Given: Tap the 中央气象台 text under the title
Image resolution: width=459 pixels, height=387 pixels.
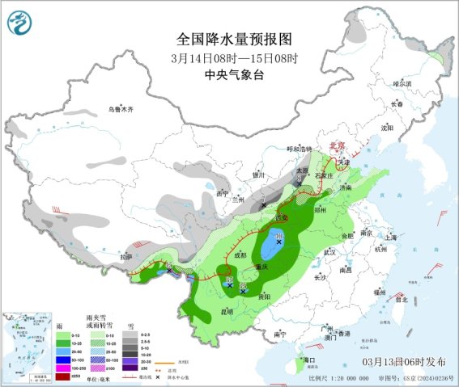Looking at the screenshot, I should click(x=234, y=74).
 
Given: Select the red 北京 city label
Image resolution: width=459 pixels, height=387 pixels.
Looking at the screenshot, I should click(x=337, y=145).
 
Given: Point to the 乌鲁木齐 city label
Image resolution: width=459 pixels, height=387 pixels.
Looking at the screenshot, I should click(x=121, y=109).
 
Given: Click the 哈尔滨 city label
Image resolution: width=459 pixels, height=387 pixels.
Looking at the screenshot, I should click(x=402, y=83).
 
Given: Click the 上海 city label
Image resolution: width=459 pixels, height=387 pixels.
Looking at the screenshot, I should click(x=395, y=238).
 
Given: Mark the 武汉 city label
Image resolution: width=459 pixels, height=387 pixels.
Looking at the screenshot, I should click(x=329, y=252).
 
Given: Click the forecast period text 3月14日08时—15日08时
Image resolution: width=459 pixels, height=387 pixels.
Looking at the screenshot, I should click(x=234, y=58).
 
